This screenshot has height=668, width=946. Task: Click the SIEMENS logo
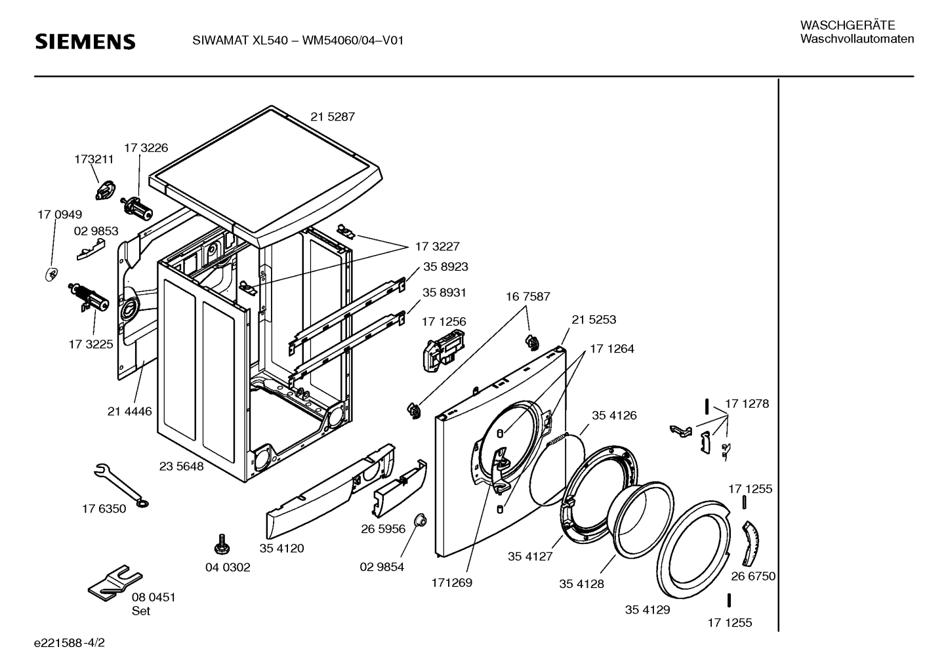(x=85, y=42)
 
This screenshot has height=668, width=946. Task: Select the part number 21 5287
(x=333, y=117)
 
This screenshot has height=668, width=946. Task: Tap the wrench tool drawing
(x=121, y=485)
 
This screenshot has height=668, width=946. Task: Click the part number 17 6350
(x=104, y=509)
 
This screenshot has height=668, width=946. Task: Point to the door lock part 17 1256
(x=443, y=350)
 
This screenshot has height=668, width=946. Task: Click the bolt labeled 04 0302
(x=221, y=544)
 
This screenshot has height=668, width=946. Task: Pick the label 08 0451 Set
(x=154, y=604)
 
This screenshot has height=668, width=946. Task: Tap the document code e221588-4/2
(x=70, y=642)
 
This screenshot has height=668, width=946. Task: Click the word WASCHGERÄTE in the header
(x=848, y=26)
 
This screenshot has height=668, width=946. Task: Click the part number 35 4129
(x=648, y=610)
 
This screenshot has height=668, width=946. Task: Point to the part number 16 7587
(x=528, y=296)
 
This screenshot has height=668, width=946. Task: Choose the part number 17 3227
(x=437, y=246)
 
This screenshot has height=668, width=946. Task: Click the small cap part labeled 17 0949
(x=52, y=274)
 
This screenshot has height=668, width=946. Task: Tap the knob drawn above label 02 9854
(x=421, y=520)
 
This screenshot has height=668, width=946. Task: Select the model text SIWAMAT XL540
(x=240, y=40)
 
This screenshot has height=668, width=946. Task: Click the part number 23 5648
(x=181, y=466)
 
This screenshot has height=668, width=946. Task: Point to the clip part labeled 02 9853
(x=91, y=249)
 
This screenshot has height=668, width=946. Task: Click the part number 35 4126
(x=614, y=415)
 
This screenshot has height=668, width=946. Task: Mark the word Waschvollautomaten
(x=857, y=39)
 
